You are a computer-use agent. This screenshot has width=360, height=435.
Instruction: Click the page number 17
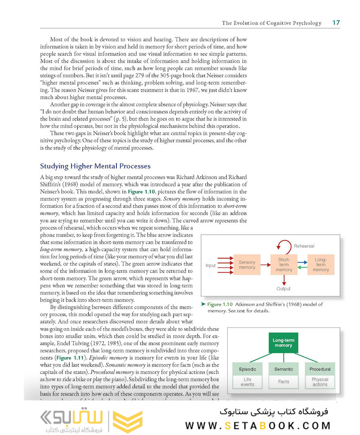(336, 23)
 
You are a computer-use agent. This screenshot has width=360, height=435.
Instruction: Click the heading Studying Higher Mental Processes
(95, 166)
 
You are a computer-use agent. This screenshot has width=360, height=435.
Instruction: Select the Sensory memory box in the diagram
(247, 265)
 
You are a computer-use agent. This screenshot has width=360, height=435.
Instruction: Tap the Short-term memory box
(284, 265)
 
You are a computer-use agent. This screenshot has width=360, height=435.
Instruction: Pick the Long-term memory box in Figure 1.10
(321, 265)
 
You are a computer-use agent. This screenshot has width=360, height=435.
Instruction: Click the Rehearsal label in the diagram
(304, 246)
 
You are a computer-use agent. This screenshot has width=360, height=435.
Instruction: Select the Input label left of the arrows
(211, 265)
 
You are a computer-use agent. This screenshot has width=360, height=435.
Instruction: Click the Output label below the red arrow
(283, 288)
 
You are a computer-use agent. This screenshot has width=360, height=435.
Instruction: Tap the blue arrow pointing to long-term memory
(302, 262)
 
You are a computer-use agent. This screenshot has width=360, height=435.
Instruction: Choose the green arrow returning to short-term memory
(302, 267)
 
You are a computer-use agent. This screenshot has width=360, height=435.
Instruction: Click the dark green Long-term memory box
(283, 343)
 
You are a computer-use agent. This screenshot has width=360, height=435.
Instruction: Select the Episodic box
(247, 369)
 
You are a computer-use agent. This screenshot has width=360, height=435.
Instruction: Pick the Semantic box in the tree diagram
(283, 369)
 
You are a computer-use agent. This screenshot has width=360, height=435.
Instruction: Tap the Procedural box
(320, 369)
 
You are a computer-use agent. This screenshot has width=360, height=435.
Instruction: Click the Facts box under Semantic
(283, 381)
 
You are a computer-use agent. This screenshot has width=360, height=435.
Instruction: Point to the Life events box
(247, 381)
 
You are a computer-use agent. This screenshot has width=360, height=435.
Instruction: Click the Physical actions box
(320, 381)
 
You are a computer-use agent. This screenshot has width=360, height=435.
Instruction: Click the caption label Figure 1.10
(220, 304)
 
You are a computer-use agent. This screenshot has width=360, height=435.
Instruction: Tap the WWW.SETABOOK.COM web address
(258, 425)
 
